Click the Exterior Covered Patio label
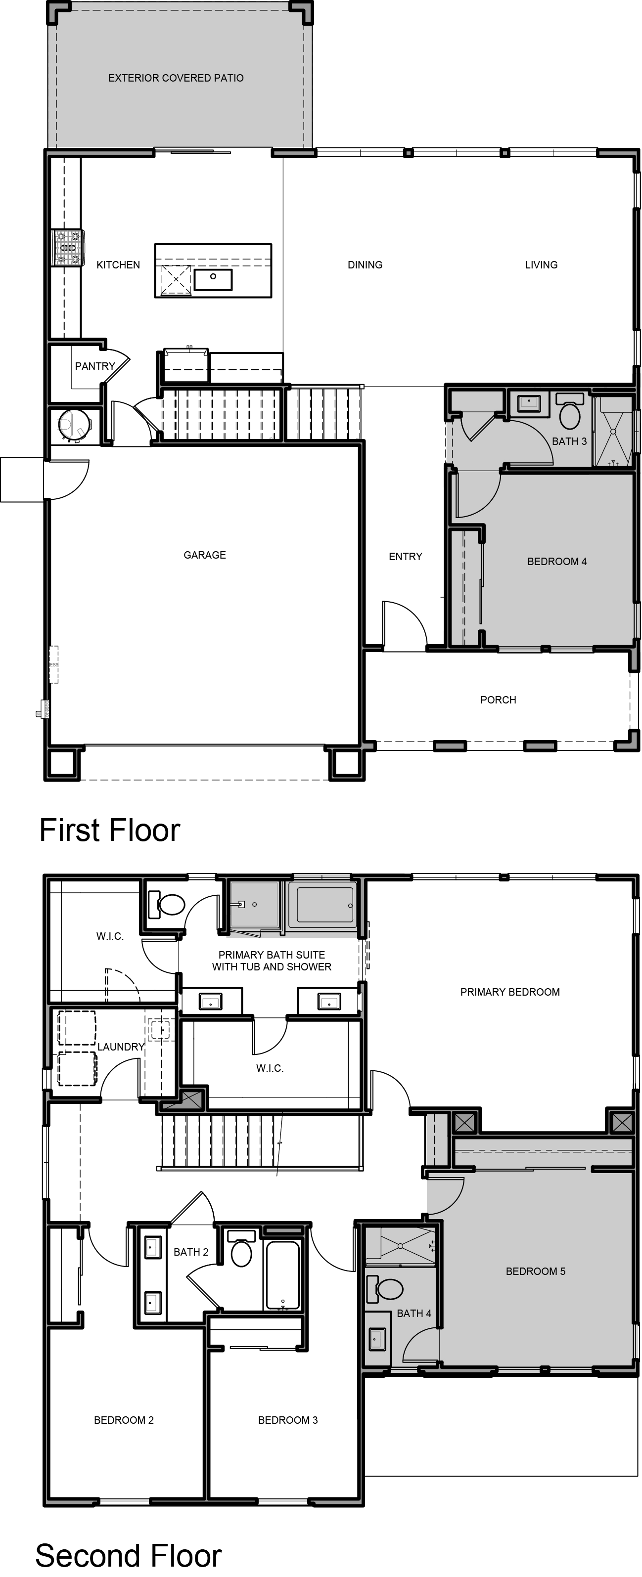176,78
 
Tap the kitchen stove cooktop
67,248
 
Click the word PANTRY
95,366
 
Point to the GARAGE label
205,555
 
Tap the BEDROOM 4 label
557,562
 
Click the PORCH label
498,700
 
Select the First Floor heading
110,830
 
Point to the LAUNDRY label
121,1047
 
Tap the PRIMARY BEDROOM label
509,992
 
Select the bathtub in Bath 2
283,1274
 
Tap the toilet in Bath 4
385,1288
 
